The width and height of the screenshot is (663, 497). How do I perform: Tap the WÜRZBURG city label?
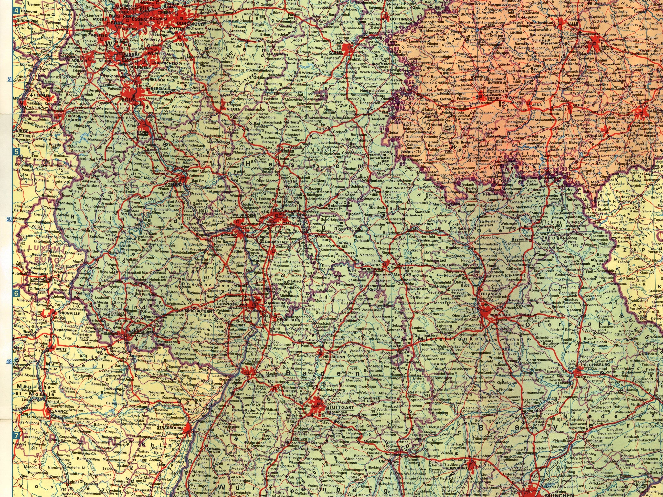coord(371,269)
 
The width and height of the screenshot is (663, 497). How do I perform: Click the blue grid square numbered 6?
coord(16,294)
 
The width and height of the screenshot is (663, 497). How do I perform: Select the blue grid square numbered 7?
coord(16,436)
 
